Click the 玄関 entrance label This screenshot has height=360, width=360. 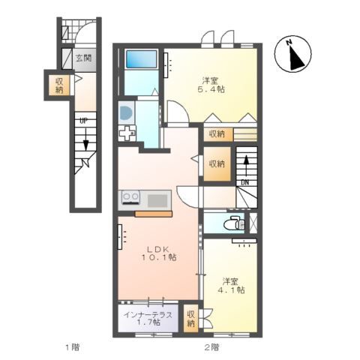click(83, 58)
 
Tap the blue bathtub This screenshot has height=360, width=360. click(141, 59)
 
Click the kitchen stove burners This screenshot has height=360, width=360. click(130, 197)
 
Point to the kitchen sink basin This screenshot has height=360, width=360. click(157, 201)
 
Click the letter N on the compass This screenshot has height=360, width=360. click(289, 43)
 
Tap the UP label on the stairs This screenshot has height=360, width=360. click(83, 121)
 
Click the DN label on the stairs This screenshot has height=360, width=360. click(245, 183)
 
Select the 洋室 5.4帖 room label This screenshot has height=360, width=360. click(211, 85)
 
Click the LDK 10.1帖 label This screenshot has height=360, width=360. click(159, 253)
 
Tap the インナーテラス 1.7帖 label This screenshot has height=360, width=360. click(148, 318)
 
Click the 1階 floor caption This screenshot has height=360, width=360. click(73, 347)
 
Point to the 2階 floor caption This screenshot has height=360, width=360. click(211, 347)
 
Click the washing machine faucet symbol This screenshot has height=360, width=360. click(127, 133)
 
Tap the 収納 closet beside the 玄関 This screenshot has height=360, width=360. click(59, 85)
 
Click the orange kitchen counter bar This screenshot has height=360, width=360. click(154, 214)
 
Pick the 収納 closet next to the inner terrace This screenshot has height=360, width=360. click(190, 318)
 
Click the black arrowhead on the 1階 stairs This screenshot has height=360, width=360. click(86, 145)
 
